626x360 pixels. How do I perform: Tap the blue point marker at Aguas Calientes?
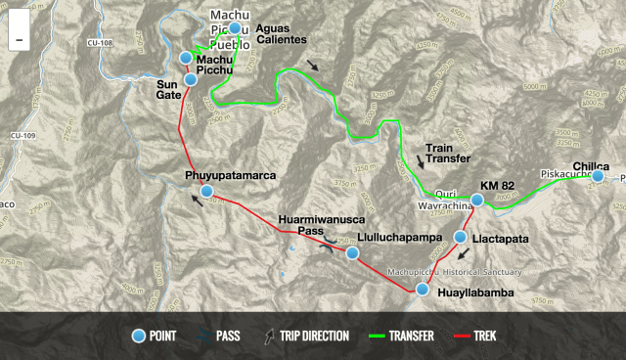tap(234, 28)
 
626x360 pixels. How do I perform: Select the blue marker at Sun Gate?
tap(192, 79)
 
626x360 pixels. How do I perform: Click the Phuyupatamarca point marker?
tap(206, 191)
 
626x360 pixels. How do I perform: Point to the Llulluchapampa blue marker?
tap(352, 253)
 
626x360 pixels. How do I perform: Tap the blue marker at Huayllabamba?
tap(423, 289)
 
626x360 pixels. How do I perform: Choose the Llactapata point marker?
tap(460, 238)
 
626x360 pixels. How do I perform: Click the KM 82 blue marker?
tap(476, 200)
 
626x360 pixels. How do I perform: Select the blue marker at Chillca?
tap(598, 177)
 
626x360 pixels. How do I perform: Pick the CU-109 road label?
tap(22, 135)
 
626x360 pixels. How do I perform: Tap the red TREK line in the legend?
tap(463, 337)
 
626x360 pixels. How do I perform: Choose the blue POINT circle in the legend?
tap(139, 337)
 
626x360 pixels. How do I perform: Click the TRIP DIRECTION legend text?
tap(314, 337)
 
